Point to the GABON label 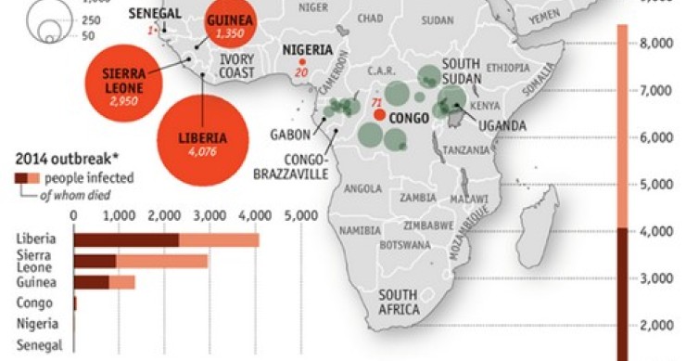(x=290, y=134)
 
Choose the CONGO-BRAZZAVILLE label (x=288, y=166)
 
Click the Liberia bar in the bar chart (x=166, y=240)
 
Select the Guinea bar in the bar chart (x=104, y=282)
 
